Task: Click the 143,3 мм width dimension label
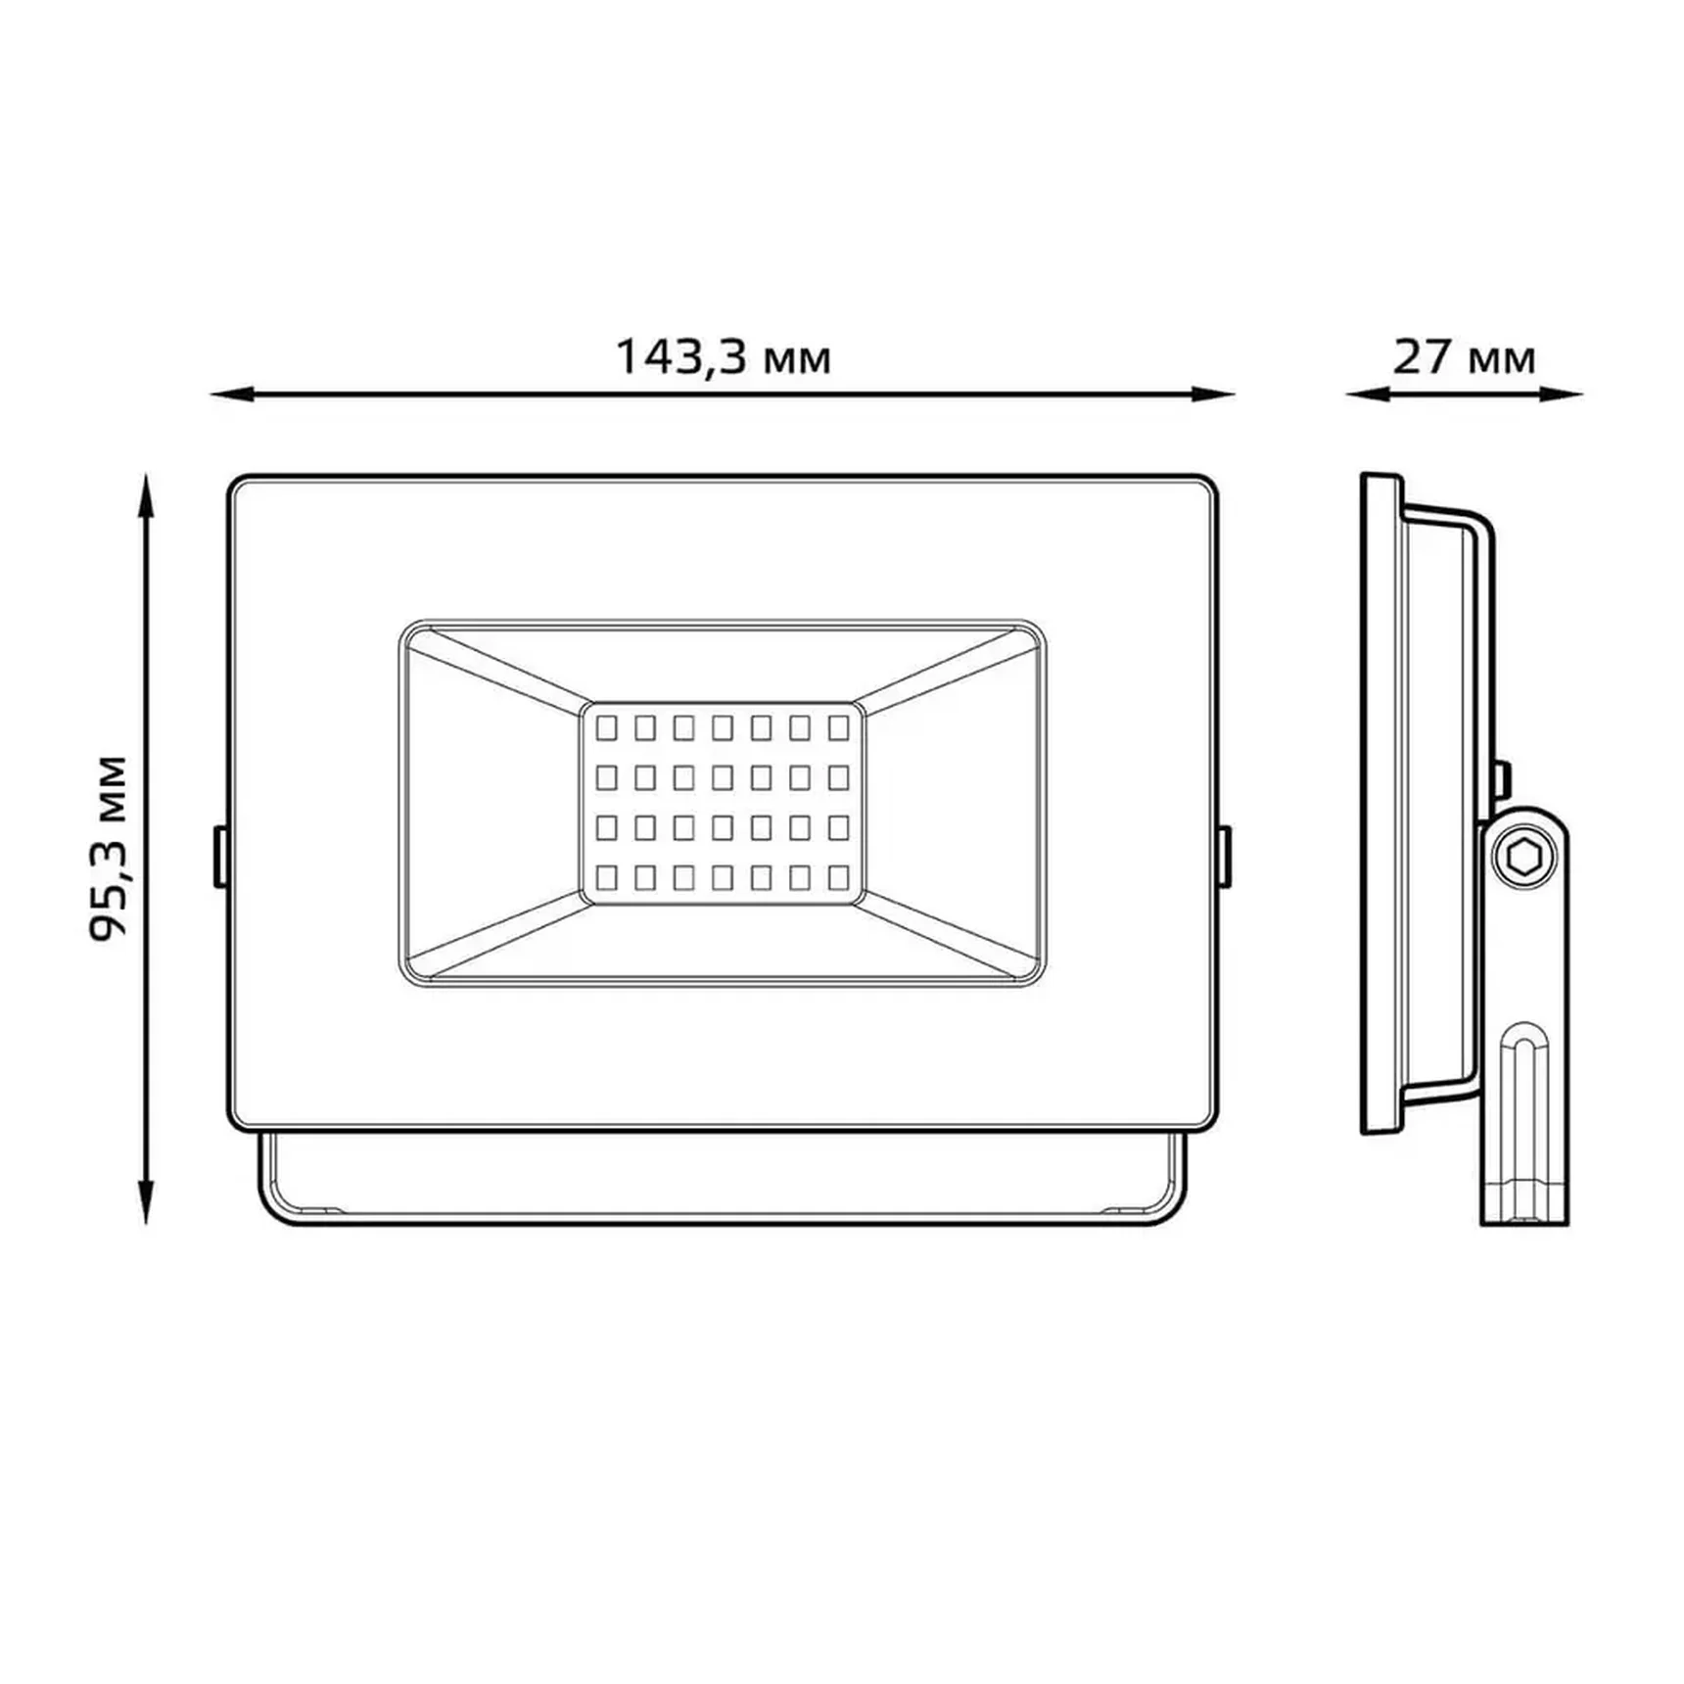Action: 723,357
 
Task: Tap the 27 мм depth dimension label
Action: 1464,357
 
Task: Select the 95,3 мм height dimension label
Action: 108,848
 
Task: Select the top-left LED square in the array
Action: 606,727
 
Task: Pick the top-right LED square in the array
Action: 838,727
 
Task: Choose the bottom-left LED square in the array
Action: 606,876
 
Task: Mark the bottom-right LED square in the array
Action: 838,876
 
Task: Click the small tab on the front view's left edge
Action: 220,857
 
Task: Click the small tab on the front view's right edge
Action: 1224,857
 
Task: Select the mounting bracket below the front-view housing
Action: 723,1180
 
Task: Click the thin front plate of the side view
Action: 1380,803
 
